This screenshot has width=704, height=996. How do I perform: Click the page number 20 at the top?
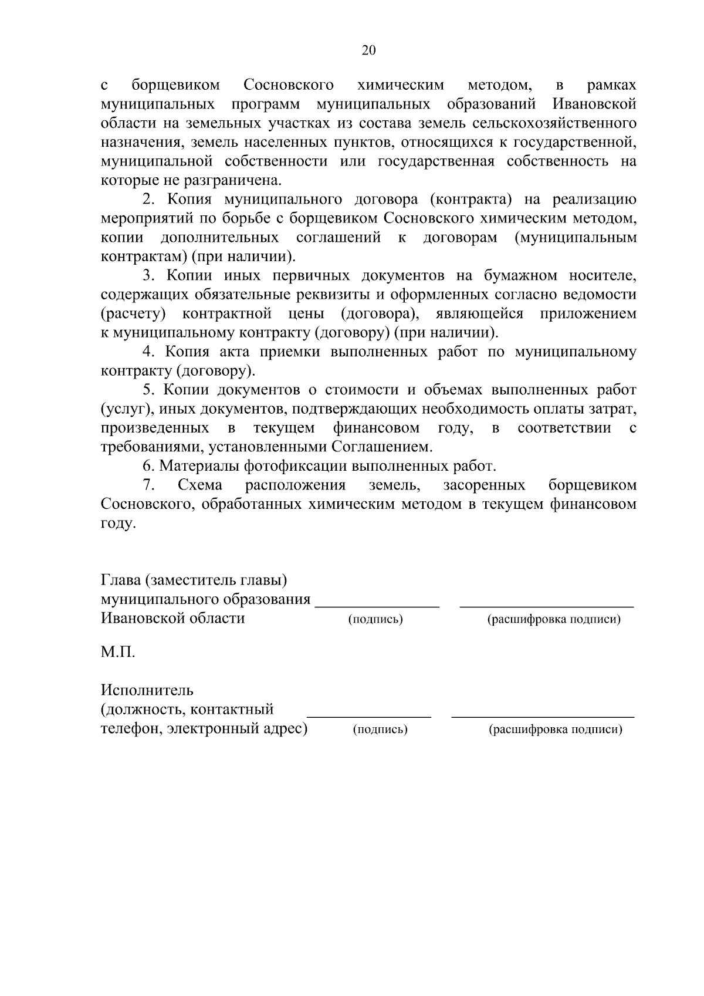tap(368, 50)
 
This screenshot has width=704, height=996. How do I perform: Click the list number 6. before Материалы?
tap(149, 466)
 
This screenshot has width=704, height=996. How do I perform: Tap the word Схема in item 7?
tap(199, 485)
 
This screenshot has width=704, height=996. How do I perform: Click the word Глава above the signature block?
tap(120, 580)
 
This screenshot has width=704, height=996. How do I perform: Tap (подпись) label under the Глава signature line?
tap(375, 619)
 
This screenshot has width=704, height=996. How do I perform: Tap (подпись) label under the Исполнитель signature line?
tap(380, 730)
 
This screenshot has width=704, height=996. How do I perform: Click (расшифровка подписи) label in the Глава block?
tap(554, 619)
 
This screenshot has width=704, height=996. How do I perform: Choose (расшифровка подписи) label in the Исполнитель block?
tap(555, 730)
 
